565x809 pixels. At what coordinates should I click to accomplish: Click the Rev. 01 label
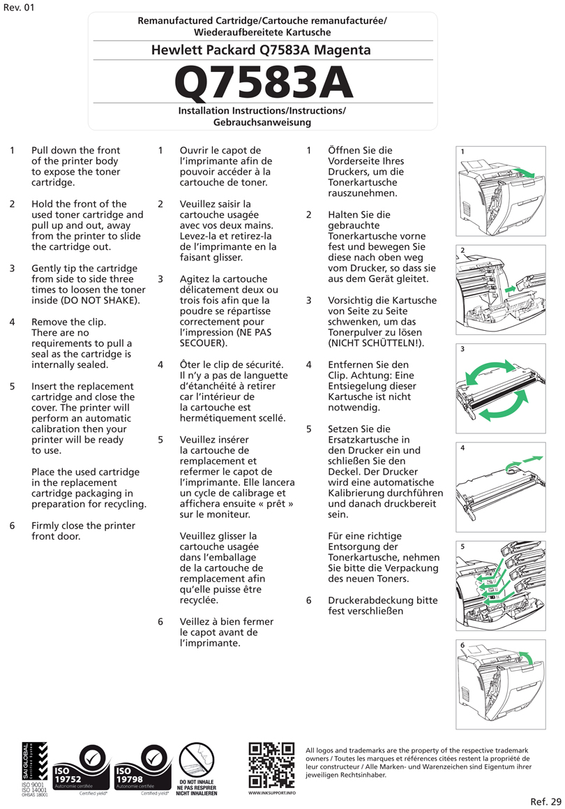tap(19, 8)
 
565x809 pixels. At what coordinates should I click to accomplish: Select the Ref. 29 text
tap(545, 801)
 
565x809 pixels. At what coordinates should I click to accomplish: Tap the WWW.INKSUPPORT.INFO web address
tap(271, 793)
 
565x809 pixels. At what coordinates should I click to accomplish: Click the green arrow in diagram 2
tap(511, 287)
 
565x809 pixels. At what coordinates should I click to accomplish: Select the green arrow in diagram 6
tap(528, 658)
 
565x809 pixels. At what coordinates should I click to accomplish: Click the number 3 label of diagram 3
tap(462, 349)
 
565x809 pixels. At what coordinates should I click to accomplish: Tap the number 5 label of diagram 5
tap(462, 547)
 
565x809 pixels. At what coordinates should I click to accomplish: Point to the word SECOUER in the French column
tap(202, 343)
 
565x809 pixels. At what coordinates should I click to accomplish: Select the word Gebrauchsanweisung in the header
tap(262, 122)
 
